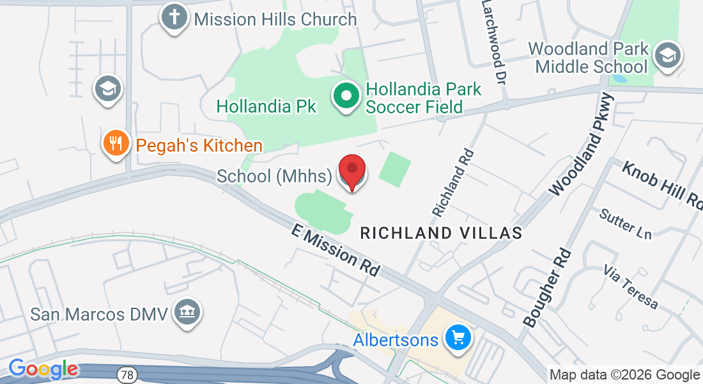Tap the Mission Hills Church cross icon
coord(173,17)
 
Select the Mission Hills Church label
coord(275,19)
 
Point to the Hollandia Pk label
coord(267,106)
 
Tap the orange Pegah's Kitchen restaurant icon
coord(116,143)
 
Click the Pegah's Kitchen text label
coord(199,146)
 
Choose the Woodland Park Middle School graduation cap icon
coord(668,56)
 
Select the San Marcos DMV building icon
coord(188,312)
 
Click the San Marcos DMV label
coord(99,314)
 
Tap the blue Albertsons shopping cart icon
coord(458,337)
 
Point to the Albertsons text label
coord(396,340)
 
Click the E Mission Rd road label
coord(336,250)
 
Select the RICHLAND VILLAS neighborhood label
coord(441,233)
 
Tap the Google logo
coord(43,369)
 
